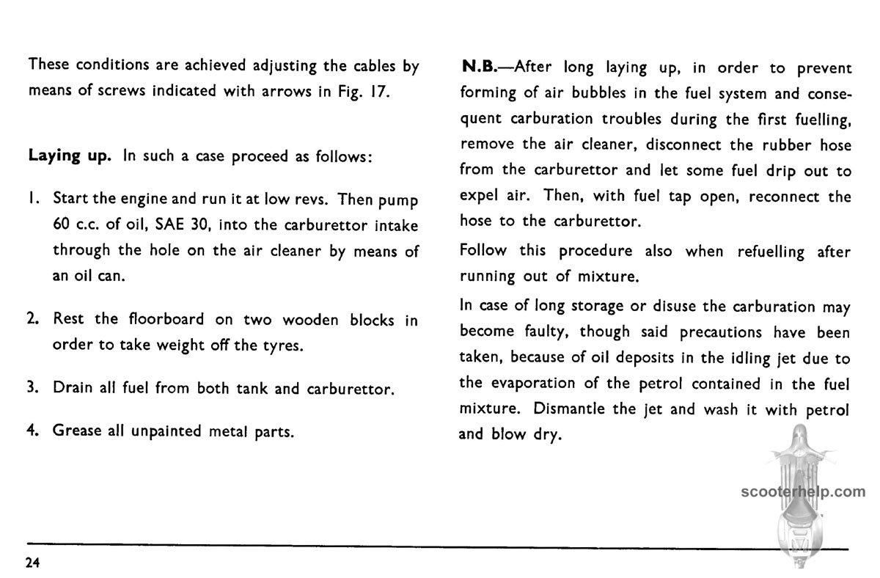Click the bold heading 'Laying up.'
point(71,158)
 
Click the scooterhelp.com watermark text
point(803,492)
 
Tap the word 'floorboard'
point(164,321)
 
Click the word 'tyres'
point(281,345)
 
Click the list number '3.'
point(33,389)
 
